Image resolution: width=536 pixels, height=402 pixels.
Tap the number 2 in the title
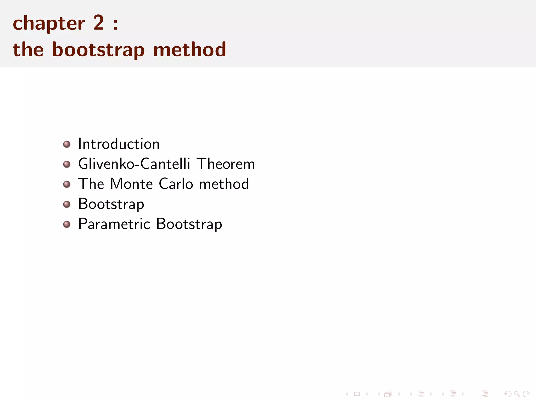[x=99, y=23]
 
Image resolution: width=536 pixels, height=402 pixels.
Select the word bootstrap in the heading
[x=98, y=50]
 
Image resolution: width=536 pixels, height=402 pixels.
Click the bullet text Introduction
[x=119, y=144]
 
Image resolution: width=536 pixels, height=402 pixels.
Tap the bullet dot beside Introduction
[x=67, y=144]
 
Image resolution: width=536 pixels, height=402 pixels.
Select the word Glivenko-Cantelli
[x=134, y=164]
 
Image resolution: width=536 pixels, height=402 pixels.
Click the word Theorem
[x=226, y=164]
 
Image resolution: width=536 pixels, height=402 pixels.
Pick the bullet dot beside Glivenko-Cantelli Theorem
[x=67, y=164]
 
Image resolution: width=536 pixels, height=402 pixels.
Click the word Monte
[x=131, y=184]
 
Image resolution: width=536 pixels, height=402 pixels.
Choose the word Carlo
[x=176, y=184]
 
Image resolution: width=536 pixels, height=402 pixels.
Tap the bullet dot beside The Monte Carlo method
[x=67, y=184]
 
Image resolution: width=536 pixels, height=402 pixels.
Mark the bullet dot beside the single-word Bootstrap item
[x=67, y=204]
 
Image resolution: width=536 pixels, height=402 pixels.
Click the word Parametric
[x=114, y=224]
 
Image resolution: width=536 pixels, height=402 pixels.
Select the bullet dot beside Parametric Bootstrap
[x=67, y=224]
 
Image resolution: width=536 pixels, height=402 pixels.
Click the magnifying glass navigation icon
[x=517, y=394]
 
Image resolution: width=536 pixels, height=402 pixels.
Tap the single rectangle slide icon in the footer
[x=357, y=394]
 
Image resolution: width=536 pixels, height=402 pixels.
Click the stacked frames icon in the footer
[x=388, y=394]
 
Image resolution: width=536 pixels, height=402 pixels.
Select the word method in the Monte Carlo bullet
[x=224, y=184]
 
